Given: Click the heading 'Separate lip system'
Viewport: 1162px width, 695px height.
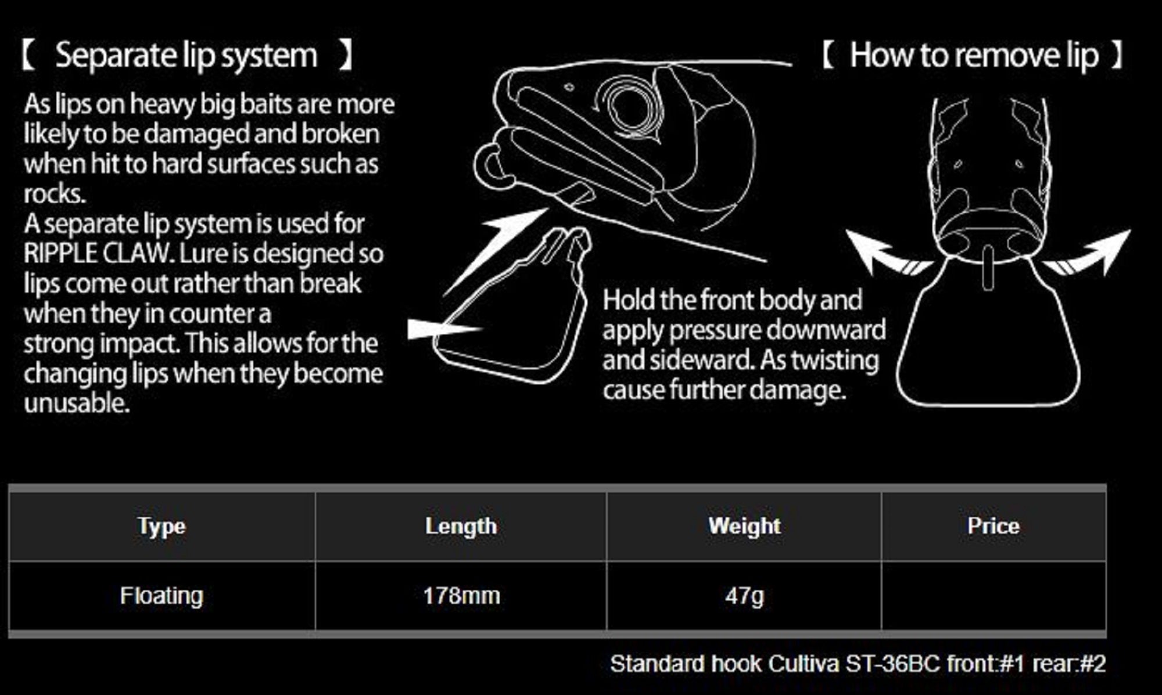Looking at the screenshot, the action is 187,56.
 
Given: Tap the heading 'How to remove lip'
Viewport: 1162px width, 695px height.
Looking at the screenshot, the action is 974,56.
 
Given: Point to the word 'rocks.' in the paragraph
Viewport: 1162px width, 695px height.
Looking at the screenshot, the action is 55,193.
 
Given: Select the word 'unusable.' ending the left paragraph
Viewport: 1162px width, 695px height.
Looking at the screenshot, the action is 77,402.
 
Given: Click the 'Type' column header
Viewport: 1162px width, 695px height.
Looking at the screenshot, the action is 162,526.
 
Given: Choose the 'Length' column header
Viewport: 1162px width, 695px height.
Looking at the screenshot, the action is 461,526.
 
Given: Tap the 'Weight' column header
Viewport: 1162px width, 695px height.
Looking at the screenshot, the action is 744,526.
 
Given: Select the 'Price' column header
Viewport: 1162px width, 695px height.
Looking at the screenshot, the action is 994,526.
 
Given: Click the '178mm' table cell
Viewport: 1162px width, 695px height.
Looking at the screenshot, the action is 461,596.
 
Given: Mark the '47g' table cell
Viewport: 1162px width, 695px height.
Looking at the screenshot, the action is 744,596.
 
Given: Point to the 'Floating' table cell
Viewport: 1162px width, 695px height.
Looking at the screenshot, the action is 162,596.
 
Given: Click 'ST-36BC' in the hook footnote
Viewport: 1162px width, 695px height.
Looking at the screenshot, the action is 892,664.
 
